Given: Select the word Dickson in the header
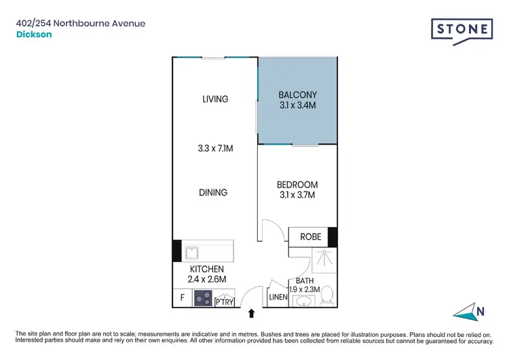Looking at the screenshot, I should tap(31, 36).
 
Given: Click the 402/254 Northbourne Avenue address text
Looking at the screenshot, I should tap(81, 23).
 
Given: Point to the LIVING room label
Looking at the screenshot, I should tap(215, 99).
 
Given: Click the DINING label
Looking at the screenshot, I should tap(213, 192).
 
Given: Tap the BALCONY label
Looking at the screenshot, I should tap(298, 95).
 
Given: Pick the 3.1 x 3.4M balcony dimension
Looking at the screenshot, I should tap(298, 106).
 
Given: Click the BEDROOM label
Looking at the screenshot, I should tap(297, 185).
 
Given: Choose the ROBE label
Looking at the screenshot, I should tap(306, 237).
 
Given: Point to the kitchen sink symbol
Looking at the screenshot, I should tap(192, 253).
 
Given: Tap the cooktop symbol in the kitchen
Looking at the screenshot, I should tap(202, 298).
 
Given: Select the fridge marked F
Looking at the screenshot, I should tap(182, 298).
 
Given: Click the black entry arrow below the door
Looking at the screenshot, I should tap(252, 313).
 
